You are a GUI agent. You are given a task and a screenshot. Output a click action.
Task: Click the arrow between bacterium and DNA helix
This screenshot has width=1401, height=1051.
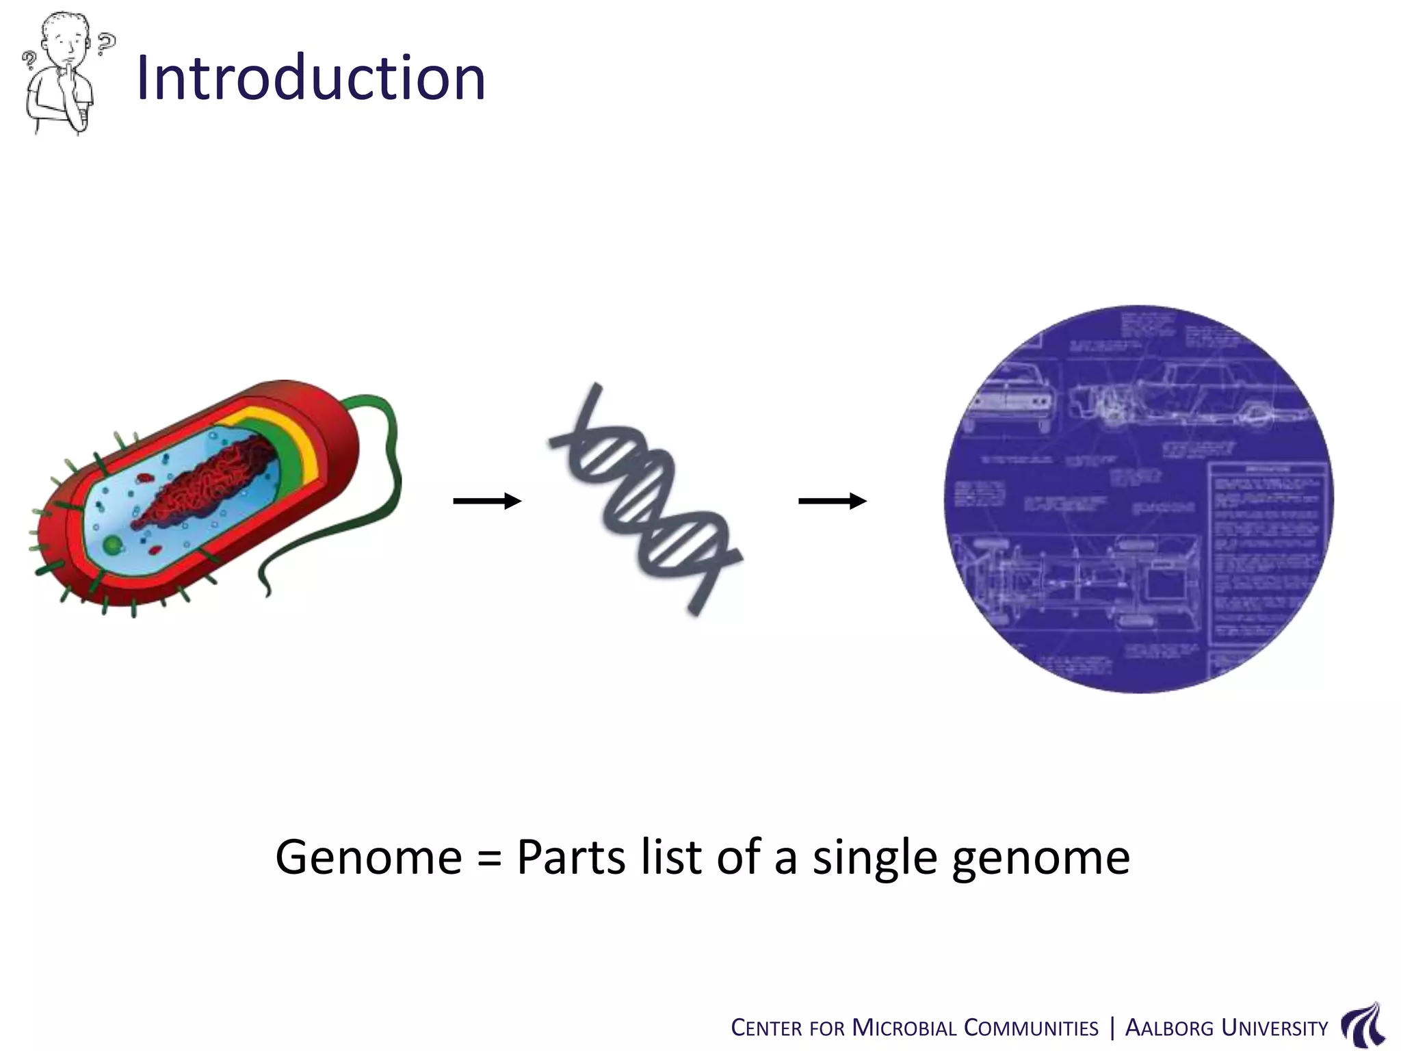487,502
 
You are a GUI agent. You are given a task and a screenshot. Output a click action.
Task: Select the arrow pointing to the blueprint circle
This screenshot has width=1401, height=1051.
833,502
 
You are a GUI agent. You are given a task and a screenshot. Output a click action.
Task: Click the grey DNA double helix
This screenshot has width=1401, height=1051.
645,498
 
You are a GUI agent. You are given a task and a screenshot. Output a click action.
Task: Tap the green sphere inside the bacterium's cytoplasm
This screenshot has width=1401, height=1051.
112,545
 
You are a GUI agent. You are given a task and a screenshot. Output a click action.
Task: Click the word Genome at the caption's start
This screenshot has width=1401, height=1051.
369,857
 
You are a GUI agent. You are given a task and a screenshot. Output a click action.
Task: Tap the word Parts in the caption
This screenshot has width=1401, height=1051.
571,857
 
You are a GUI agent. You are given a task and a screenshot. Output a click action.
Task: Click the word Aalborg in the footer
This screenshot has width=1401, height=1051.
1169,1028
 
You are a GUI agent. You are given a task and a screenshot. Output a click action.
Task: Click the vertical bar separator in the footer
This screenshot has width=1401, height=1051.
1112,1028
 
